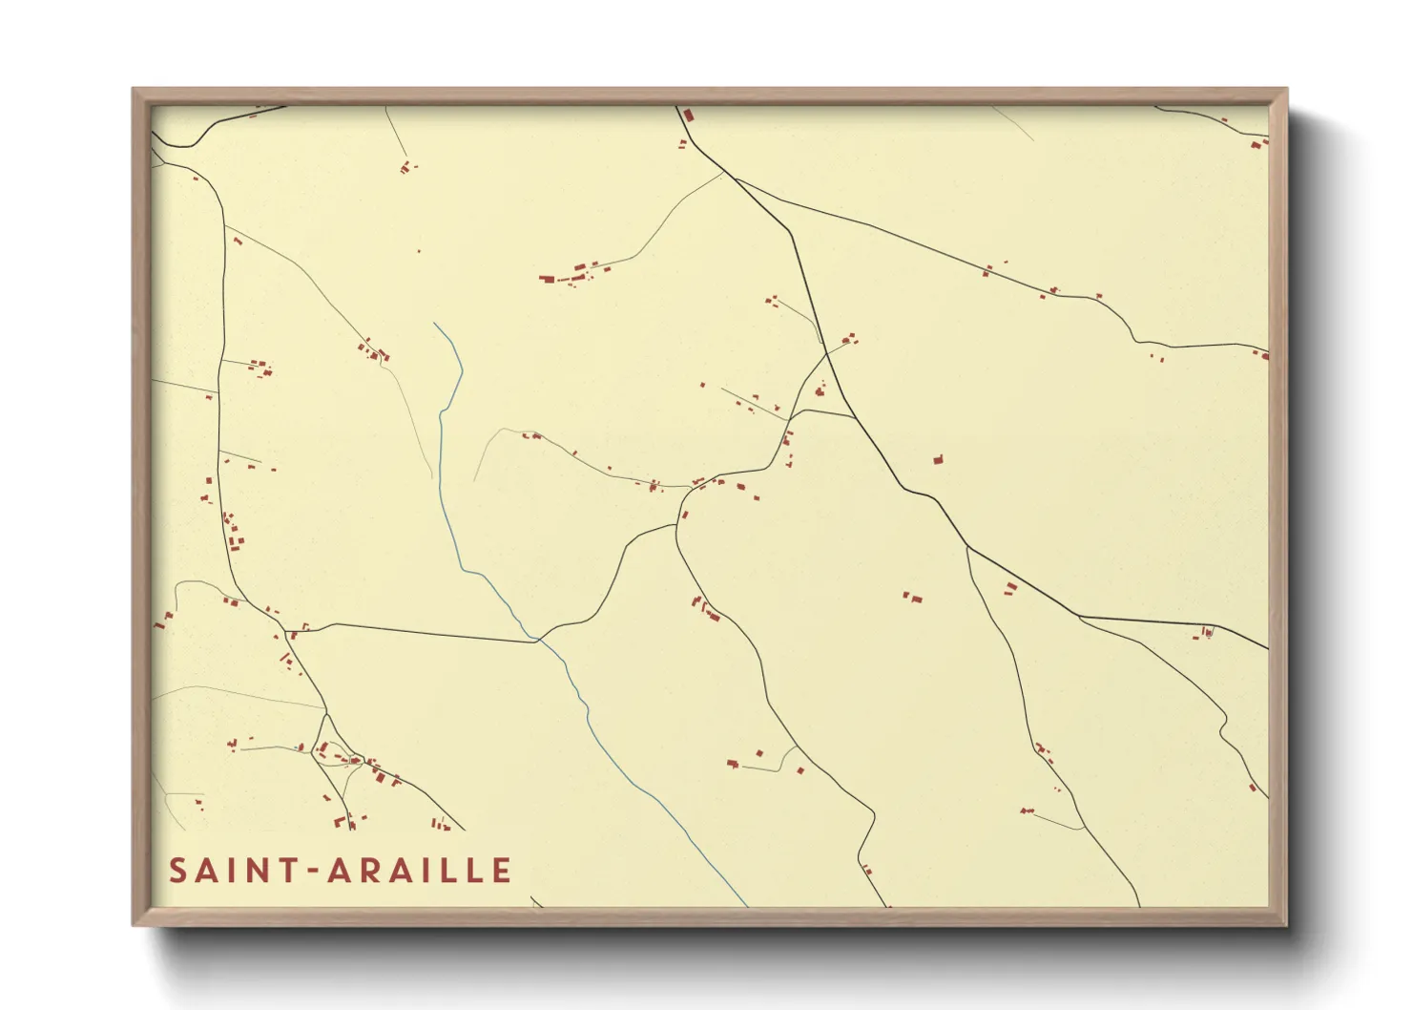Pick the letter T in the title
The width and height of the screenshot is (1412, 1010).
(288, 870)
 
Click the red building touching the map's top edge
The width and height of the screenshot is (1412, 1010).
(688, 115)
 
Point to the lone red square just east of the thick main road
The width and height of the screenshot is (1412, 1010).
(938, 460)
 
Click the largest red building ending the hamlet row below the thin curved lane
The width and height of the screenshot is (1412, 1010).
(547, 279)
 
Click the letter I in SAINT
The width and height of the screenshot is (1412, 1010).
(232, 870)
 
